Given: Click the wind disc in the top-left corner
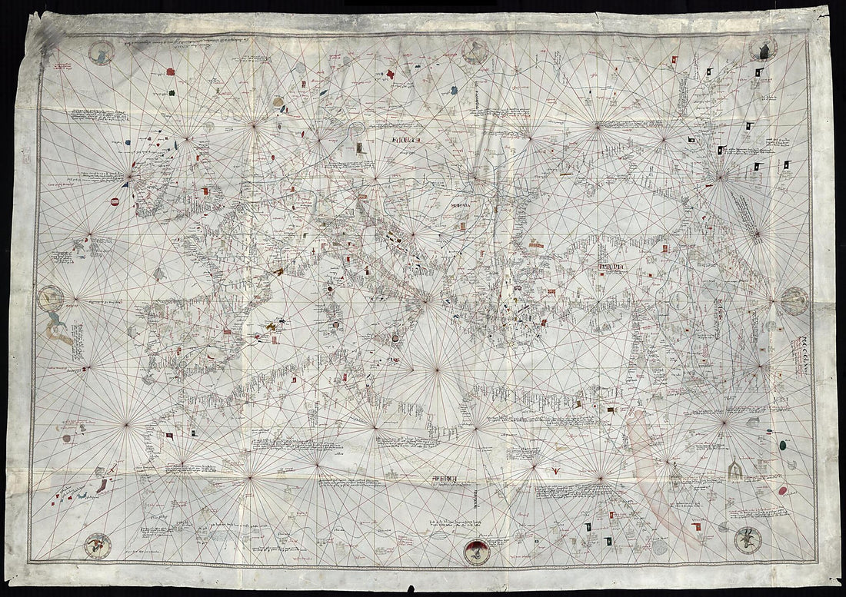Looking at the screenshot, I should (x=101, y=53).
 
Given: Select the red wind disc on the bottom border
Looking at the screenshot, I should (x=478, y=551).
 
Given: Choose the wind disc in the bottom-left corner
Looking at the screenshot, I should (x=98, y=545).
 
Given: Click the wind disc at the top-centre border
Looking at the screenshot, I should (x=474, y=50).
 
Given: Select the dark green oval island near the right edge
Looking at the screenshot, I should (x=782, y=444).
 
